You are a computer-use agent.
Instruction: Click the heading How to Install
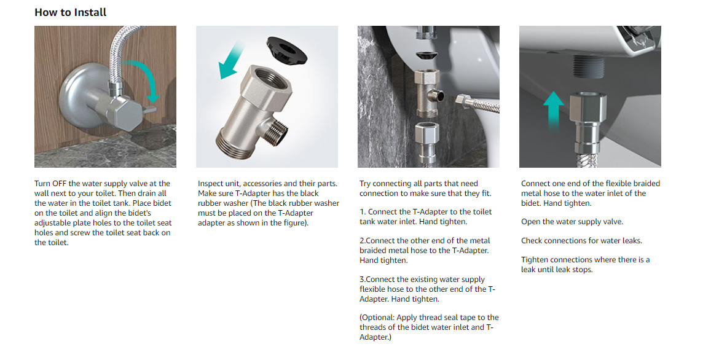pyautogui.click(x=70, y=12)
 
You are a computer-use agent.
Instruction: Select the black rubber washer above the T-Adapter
pyautogui.click(x=286, y=49)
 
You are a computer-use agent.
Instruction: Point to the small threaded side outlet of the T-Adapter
pyautogui.click(x=276, y=131)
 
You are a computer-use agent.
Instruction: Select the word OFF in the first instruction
pyautogui.click(x=60, y=184)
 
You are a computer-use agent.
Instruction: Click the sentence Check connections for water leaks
pyautogui.click(x=582, y=241)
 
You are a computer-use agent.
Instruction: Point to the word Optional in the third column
pyautogui.click(x=377, y=318)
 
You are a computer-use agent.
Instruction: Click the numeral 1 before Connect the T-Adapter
pyautogui.click(x=362, y=212)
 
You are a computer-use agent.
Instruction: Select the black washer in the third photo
pyautogui.click(x=426, y=57)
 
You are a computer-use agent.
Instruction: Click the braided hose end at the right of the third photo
pyautogui.click(x=477, y=103)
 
